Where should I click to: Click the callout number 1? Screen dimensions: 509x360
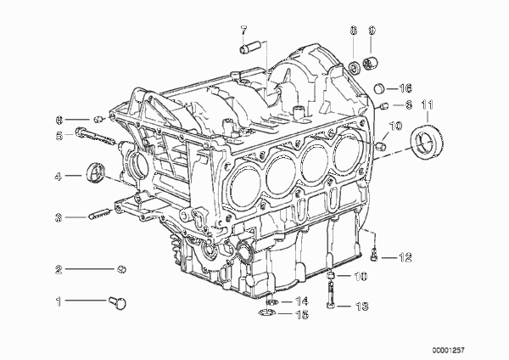59,301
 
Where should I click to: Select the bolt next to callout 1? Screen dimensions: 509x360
118,302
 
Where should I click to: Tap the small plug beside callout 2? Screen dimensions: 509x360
121,269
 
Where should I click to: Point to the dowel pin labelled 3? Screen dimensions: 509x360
98,216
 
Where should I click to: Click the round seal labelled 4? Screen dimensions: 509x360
95,172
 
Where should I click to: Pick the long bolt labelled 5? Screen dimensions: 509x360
95,136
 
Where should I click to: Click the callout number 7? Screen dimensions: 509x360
243,31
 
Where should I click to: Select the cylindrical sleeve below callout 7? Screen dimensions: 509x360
250,46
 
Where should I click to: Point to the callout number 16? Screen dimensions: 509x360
406,88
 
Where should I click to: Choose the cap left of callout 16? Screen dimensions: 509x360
379,88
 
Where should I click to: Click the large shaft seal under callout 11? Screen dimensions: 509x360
428,140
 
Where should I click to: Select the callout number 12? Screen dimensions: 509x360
406,257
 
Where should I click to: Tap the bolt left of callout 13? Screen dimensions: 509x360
330,294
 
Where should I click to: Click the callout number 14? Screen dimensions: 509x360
301,301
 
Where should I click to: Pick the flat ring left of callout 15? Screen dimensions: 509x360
267,313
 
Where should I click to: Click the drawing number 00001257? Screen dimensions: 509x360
448,351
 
